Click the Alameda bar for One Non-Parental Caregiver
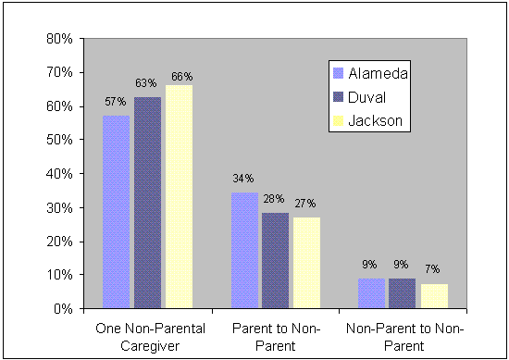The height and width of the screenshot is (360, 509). pos(117,212)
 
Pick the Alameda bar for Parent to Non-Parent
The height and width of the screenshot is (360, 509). pos(244,251)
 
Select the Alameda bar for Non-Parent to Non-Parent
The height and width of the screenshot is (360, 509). pos(372,293)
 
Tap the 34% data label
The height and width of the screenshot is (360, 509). pos(243,179)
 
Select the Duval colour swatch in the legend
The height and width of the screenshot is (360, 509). pos(338,96)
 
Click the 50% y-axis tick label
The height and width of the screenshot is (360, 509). pos(60,140)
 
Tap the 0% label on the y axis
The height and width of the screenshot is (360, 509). pos(63,309)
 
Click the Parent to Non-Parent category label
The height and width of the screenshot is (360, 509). pos(275,337)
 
